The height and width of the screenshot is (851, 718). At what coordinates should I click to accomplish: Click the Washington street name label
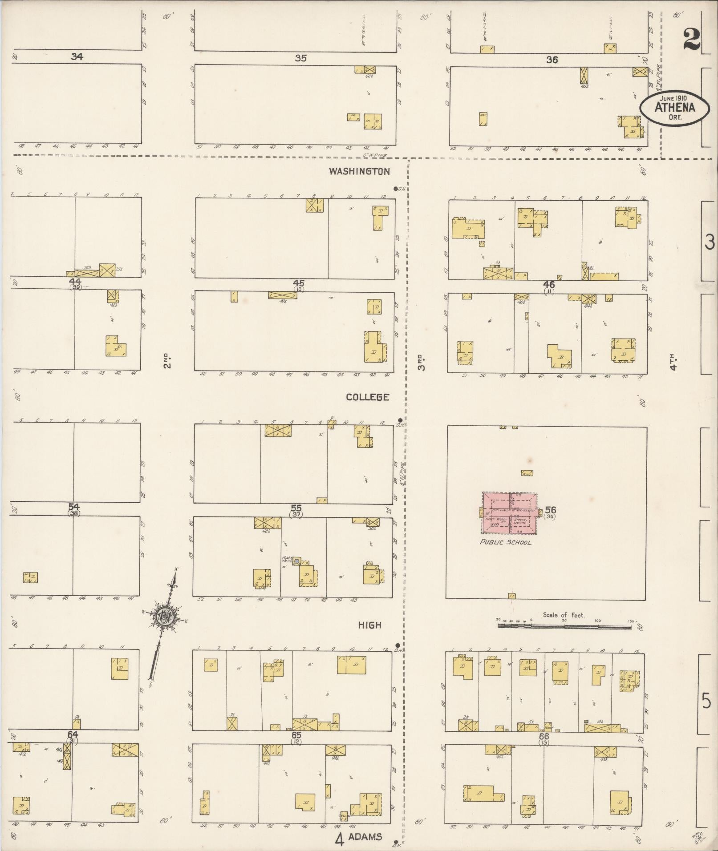coord(359,171)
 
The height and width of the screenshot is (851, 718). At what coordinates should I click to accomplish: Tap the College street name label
coord(368,397)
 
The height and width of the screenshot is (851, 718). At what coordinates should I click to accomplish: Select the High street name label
coord(370,625)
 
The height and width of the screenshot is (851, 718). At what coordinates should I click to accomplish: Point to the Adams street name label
coord(365,837)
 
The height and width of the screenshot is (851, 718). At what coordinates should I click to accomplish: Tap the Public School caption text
coord(506,543)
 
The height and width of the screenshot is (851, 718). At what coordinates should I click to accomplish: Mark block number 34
coord(77,56)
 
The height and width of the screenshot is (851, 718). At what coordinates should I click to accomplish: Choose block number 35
coord(301,58)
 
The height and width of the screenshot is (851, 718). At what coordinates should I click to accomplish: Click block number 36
coord(552,60)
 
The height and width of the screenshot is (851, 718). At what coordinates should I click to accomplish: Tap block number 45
coord(298,283)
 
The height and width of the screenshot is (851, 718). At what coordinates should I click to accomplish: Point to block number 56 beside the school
coord(550,510)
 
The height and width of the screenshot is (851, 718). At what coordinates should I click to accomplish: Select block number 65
coord(296,735)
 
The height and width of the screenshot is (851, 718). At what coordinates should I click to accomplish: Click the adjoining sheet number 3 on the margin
coord(709,242)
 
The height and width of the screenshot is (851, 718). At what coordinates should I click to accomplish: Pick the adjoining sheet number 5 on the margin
coord(706,702)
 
